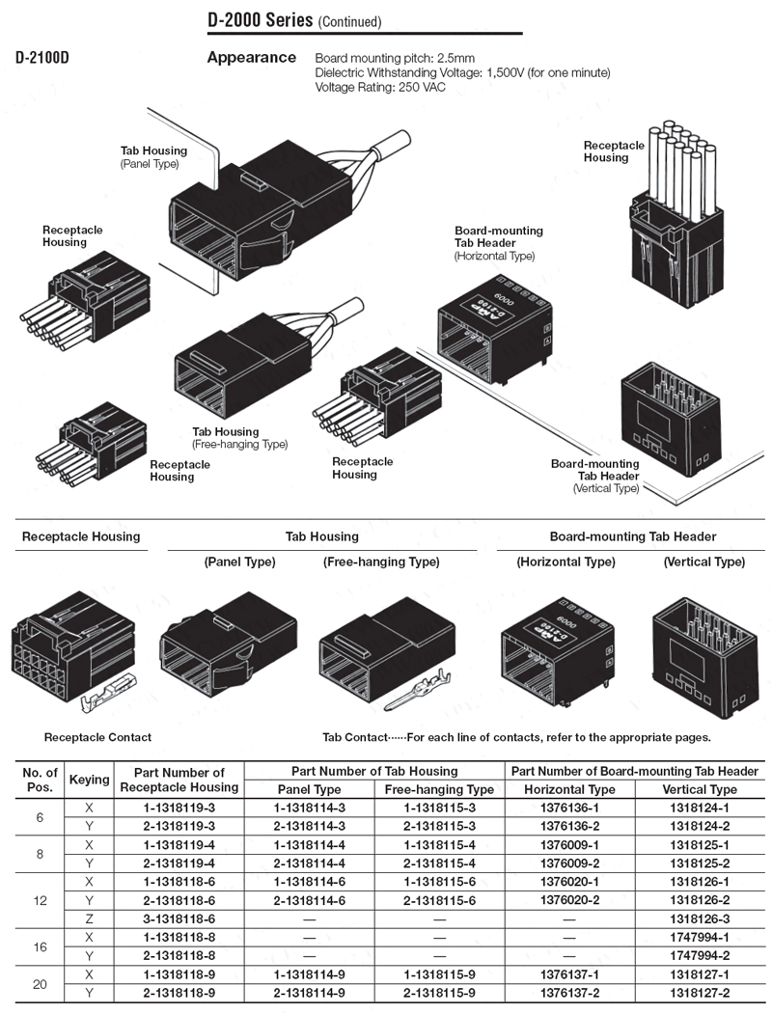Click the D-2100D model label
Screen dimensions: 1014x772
[41, 57]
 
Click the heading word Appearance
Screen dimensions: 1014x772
[252, 57]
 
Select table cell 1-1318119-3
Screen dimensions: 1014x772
[179, 807]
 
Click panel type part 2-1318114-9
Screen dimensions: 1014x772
[309, 992]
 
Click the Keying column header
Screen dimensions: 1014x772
[90, 779]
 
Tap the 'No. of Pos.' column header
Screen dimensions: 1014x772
[40, 779]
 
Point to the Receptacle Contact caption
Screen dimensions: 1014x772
[97, 737]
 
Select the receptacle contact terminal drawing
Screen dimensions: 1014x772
[109, 695]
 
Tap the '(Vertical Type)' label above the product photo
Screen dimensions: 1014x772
[703, 562]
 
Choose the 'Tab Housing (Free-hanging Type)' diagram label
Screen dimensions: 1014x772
[239, 438]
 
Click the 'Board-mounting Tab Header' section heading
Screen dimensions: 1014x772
[633, 536]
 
